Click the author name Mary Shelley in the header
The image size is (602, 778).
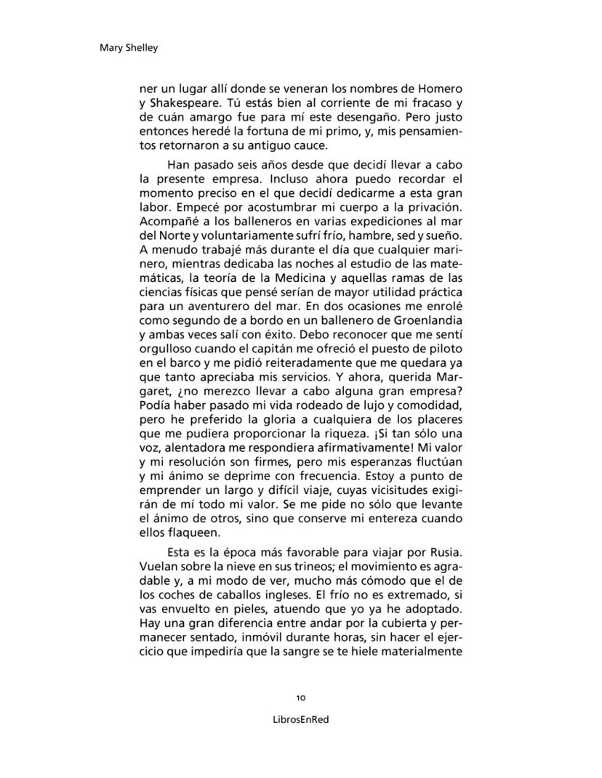(128, 49)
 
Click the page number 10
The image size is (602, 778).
(301, 697)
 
